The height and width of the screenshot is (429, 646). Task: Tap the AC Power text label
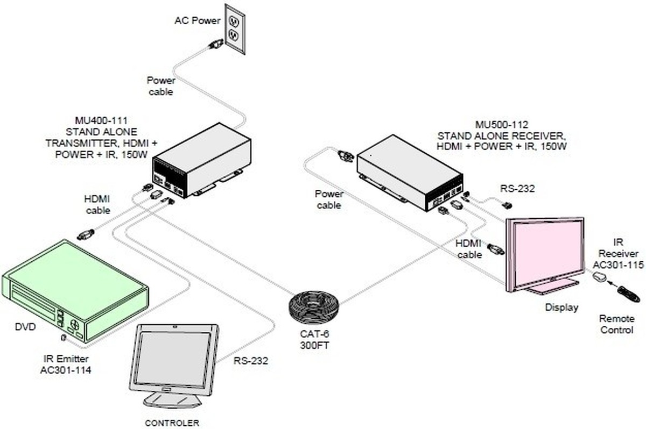197,21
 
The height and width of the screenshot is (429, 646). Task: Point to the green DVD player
75,290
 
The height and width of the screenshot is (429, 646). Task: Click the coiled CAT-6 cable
314,306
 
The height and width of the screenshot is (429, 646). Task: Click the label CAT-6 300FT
314,341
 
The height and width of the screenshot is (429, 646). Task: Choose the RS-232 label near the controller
250,361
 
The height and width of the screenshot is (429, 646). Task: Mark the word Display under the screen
561,308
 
